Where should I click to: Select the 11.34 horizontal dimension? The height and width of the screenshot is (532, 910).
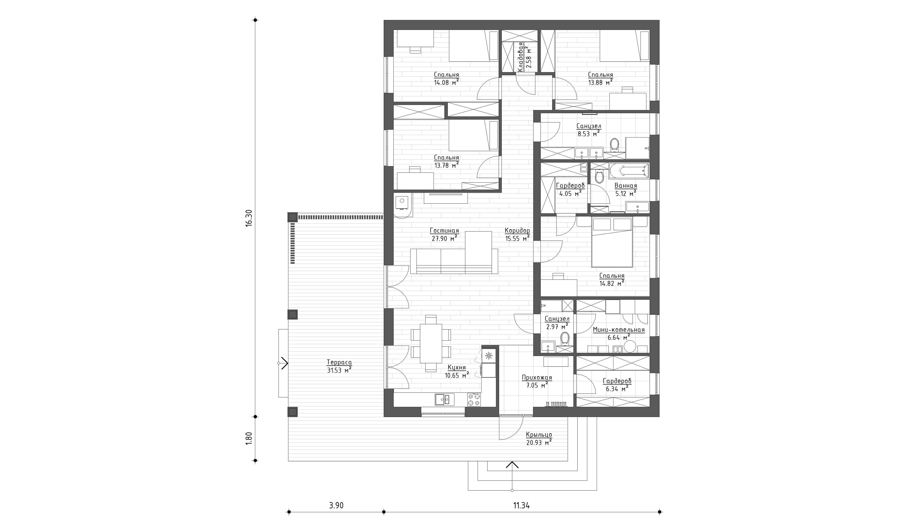point(522,505)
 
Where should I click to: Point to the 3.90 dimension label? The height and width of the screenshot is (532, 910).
point(336,505)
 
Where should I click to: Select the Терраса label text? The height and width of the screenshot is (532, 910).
point(339,362)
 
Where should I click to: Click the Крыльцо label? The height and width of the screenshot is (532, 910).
point(539,435)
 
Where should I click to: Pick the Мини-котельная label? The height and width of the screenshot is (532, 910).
point(619,330)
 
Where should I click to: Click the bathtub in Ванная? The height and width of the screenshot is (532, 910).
point(629,171)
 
